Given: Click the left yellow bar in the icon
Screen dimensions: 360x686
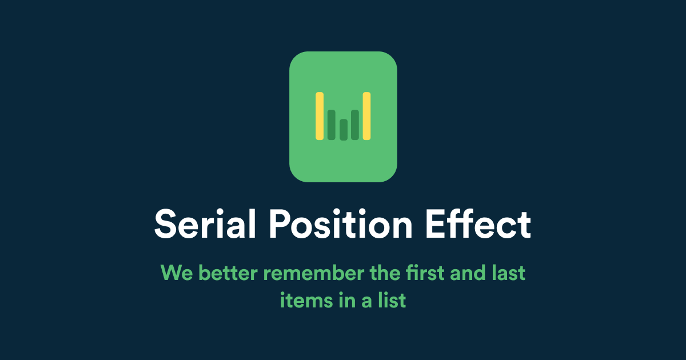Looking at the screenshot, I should tap(320, 116).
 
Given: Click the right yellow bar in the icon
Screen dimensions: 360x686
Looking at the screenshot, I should tap(367, 116).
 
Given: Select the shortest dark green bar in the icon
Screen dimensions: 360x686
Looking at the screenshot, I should tap(344, 129).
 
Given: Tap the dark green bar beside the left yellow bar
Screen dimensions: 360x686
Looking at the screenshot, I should tap(332, 125).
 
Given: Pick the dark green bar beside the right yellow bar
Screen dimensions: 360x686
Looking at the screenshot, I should tap(355, 125).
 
